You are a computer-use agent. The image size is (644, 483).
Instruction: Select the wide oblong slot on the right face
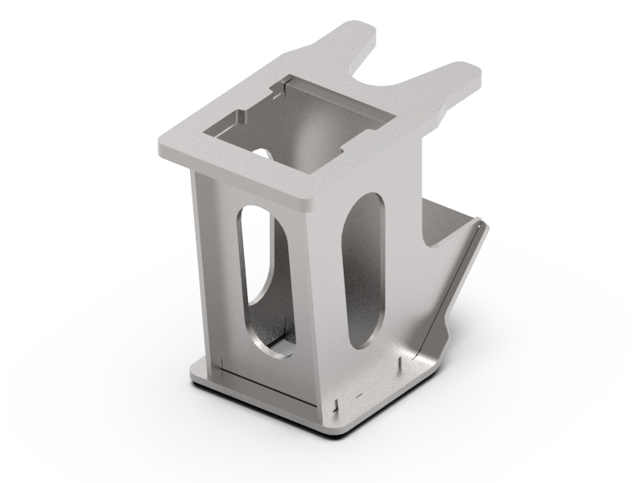365,270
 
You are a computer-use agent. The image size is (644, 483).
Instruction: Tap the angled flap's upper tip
481,225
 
